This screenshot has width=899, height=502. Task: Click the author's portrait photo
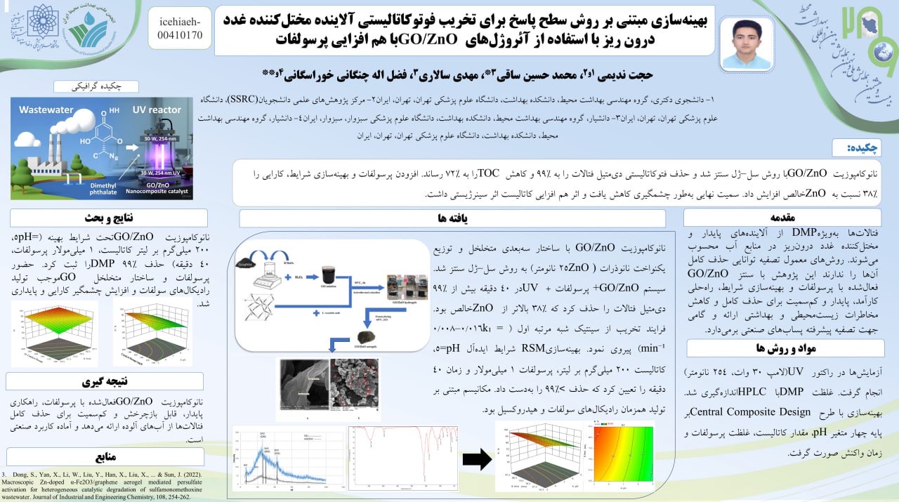point(746,43)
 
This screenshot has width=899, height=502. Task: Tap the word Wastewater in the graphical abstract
point(46,110)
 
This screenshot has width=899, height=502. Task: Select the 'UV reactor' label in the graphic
point(157,110)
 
